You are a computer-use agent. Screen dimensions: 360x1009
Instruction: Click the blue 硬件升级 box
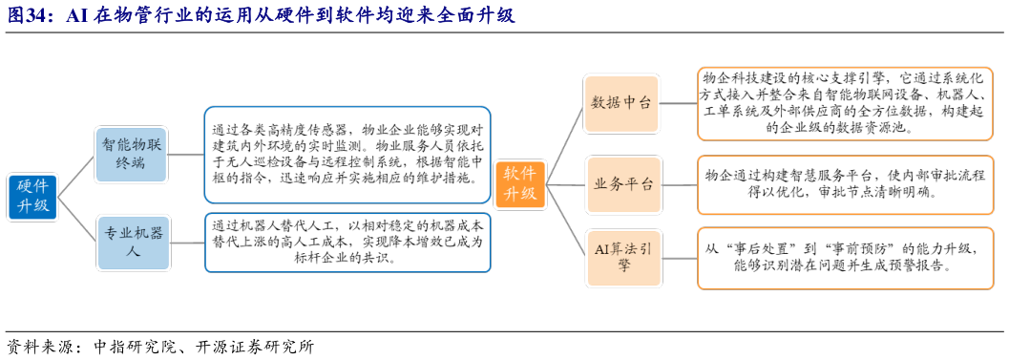tap(32, 197)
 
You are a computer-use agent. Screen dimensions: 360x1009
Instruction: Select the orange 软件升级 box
tap(519, 183)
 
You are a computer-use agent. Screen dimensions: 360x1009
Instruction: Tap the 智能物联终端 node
tap(132, 154)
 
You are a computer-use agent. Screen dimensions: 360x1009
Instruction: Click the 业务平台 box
tap(622, 182)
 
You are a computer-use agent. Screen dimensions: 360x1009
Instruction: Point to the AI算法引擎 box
tap(622, 258)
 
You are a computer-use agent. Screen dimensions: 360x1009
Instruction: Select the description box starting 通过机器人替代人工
tap(348, 243)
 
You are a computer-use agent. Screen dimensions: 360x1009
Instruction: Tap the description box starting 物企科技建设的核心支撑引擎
tap(848, 103)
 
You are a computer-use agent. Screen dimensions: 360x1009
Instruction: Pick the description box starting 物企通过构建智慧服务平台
tap(848, 182)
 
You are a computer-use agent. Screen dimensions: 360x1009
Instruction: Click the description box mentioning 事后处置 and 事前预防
tap(848, 258)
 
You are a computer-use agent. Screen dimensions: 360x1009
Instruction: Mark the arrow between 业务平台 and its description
tap(680, 182)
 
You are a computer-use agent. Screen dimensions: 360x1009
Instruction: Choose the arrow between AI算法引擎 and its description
tap(680, 258)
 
